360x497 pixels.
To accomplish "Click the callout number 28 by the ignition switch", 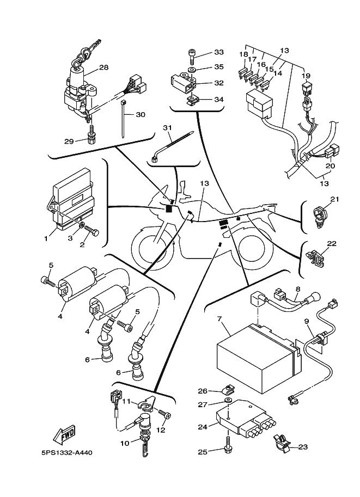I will pos(103,68).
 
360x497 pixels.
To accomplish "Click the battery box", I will pos(256,357).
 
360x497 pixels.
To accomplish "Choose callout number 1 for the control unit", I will pos(46,238).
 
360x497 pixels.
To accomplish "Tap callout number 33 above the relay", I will pos(219,52).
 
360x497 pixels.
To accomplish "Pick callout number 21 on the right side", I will pos(334,199).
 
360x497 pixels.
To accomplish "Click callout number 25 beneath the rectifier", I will pos(203,451).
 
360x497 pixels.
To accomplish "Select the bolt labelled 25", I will pos(225,447).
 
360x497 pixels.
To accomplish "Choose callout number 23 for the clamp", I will pos(303,447).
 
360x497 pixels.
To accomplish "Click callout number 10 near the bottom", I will pos(125,443).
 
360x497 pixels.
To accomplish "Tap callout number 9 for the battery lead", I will pos(307,321).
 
